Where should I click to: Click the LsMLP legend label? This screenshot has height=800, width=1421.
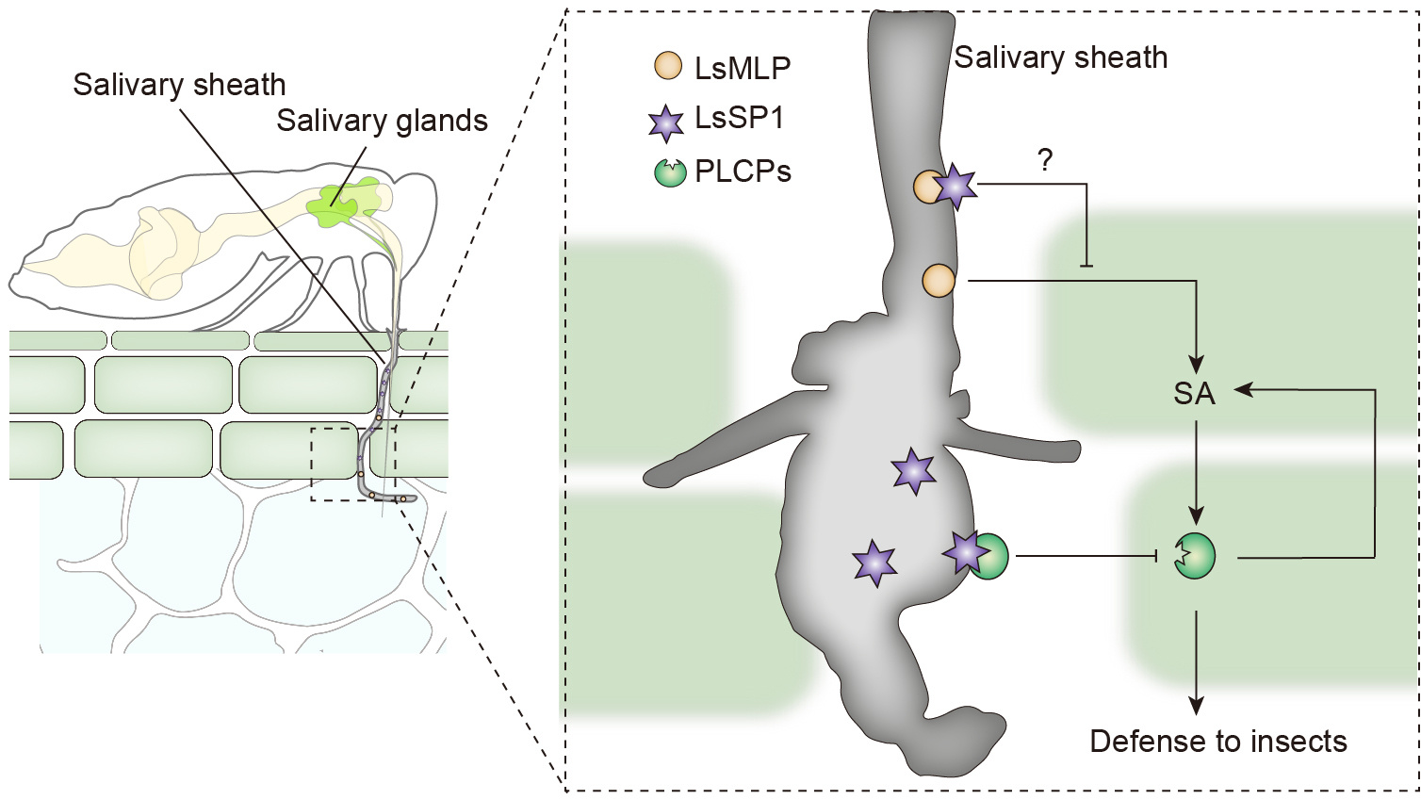(x=743, y=68)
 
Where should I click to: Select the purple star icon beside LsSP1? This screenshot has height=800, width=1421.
(x=666, y=122)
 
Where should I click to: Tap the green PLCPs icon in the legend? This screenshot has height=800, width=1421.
(x=670, y=172)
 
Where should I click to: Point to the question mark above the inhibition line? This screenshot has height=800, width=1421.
(x=1045, y=160)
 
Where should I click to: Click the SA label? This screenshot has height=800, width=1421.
(x=1194, y=393)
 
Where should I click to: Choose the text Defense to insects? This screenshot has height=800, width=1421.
(x=1217, y=742)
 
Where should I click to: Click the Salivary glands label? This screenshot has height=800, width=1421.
(x=382, y=121)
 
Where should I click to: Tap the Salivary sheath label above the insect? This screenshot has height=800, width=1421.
(x=179, y=85)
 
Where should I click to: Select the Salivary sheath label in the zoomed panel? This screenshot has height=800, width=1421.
(x=1060, y=57)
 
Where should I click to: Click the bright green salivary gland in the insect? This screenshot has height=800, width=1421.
(x=337, y=201)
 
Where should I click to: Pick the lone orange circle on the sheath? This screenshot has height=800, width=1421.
(x=939, y=281)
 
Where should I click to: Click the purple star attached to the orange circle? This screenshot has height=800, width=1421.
(x=955, y=187)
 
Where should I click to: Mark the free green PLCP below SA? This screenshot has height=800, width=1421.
(x=1196, y=556)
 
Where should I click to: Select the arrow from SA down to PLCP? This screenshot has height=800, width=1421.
(x=1196, y=471)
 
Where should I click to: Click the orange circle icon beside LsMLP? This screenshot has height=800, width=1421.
(x=668, y=67)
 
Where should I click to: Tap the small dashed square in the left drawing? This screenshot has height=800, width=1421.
(x=353, y=463)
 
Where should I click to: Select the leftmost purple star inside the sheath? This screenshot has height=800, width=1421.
(x=874, y=563)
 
